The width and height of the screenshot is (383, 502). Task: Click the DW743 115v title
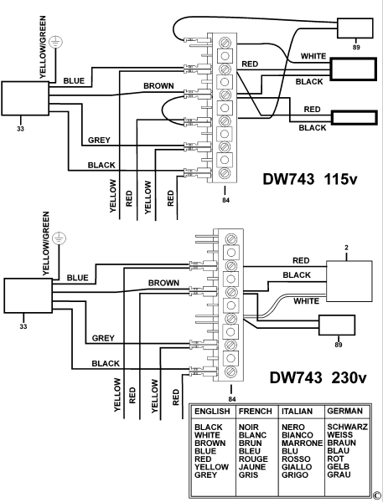310,179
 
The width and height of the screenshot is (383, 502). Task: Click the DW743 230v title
318,378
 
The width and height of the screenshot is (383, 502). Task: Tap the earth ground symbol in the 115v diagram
56,42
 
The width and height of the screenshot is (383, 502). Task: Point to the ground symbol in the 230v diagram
60,238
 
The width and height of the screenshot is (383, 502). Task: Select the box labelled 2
349,281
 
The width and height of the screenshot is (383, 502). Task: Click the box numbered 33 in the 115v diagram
25,98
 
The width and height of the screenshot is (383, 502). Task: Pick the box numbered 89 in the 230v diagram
337,325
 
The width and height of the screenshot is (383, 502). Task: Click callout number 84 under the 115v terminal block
225,201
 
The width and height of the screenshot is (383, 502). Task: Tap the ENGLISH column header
212,411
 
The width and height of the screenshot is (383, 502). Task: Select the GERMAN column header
344,411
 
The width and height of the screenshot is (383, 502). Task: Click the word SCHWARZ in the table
348,427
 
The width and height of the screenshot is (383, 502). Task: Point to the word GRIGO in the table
295,474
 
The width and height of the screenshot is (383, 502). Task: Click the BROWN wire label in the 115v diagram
158,86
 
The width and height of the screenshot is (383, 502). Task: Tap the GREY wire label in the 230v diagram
103,338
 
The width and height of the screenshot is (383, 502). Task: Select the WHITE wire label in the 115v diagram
313,56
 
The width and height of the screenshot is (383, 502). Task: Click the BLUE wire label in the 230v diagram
77,278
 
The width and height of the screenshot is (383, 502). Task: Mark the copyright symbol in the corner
376,495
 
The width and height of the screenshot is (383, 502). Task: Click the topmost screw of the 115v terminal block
225,43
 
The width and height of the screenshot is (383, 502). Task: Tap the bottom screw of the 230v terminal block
231,371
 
